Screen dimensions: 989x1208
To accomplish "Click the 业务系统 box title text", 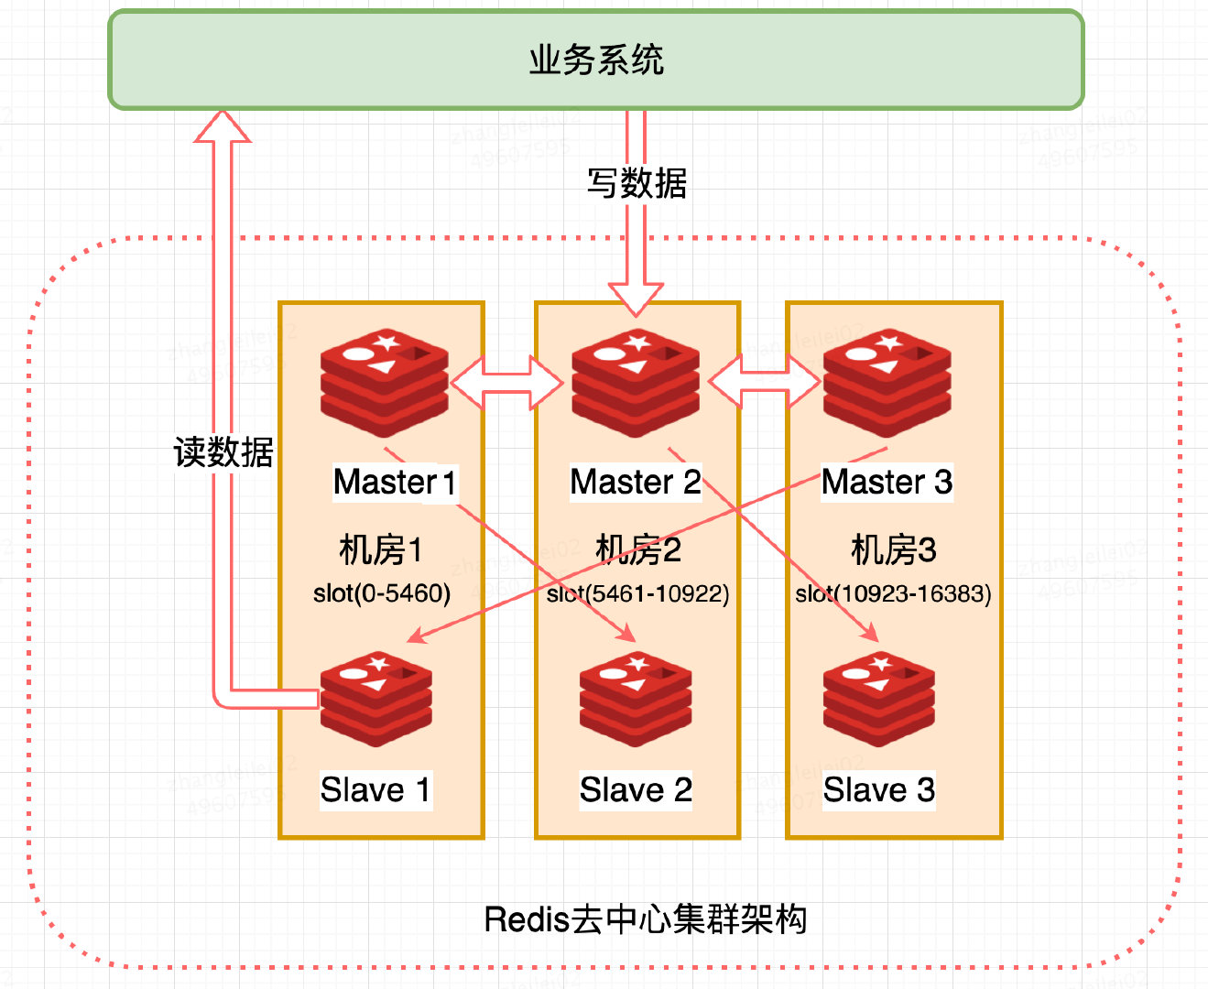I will pyautogui.click(x=596, y=60).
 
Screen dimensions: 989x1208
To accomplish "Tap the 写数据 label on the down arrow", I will pyautogui.click(x=637, y=183).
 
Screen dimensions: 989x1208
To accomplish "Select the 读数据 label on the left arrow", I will pyautogui.click(x=223, y=451).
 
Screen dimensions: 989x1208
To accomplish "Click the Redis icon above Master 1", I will pyautogui.click(x=385, y=383).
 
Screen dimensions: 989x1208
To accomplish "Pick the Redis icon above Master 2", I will pyautogui.click(x=636, y=383).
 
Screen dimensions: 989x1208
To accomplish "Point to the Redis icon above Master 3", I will pyautogui.click(x=887, y=383).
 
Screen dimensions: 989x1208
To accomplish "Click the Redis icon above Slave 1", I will pyautogui.click(x=376, y=699).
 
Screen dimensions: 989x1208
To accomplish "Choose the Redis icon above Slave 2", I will pyautogui.click(x=636, y=699).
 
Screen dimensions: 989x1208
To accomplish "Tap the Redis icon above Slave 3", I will pyautogui.click(x=879, y=699).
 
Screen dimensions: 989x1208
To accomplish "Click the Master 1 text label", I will pyautogui.click(x=395, y=482).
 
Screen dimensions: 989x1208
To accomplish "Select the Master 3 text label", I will pyautogui.click(x=887, y=482).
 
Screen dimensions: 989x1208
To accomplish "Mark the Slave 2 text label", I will pyautogui.click(x=636, y=789).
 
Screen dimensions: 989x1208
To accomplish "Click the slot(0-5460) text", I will pyautogui.click(x=382, y=593).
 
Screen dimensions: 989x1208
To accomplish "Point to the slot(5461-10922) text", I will pyautogui.click(x=638, y=594).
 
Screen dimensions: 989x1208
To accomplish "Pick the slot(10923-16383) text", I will pyautogui.click(x=893, y=594).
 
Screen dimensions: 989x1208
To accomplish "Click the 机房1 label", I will pyautogui.click(x=381, y=550).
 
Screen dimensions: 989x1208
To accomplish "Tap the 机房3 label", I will pyautogui.click(x=893, y=550).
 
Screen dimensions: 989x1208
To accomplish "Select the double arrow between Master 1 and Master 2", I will pyautogui.click(x=507, y=383).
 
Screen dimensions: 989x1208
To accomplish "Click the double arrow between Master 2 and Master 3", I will pyautogui.click(x=764, y=383).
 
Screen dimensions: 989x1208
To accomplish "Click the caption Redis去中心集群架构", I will pyautogui.click(x=645, y=919).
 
